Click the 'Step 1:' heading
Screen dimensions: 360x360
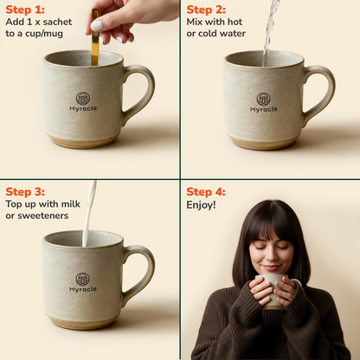click(x=25, y=10)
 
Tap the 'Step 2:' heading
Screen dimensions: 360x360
click(x=206, y=10)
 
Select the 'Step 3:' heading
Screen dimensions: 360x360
click(x=25, y=192)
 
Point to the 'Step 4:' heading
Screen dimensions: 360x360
click(x=206, y=192)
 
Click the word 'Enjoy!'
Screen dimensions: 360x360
click(x=201, y=205)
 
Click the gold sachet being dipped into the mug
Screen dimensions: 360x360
click(x=95, y=37)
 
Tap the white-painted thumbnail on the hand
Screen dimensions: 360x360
click(x=97, y=26)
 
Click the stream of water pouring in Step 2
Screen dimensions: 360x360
click(x=270, y=32)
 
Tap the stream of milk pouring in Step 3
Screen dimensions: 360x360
click(x=89, y=214)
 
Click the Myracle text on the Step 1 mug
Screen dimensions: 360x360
click(x=83, y=109)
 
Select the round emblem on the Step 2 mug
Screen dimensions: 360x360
click(x=263, y=100)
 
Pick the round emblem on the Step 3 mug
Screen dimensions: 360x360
click(x=82, y=280)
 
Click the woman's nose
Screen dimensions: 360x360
click(x=271, y=255)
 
